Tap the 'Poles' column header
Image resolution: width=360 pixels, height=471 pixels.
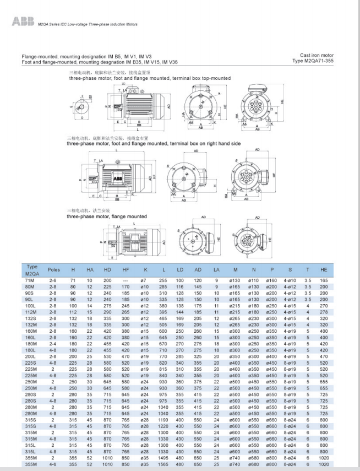pos(53,270)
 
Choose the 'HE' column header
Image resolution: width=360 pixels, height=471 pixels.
pos(339,270)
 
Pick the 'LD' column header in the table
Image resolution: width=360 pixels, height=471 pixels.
pos(181,270)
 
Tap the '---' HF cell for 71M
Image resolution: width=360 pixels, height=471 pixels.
pos(126,280)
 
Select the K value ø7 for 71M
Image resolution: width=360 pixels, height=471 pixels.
pos(145,280)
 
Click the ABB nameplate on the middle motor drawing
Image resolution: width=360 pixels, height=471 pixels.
pos(120,180)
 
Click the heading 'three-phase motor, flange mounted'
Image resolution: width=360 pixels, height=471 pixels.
pos(107,216)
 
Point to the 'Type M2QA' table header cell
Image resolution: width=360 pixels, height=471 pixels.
pos(32,270)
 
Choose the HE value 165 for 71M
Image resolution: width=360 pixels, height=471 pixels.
pos(339,280)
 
